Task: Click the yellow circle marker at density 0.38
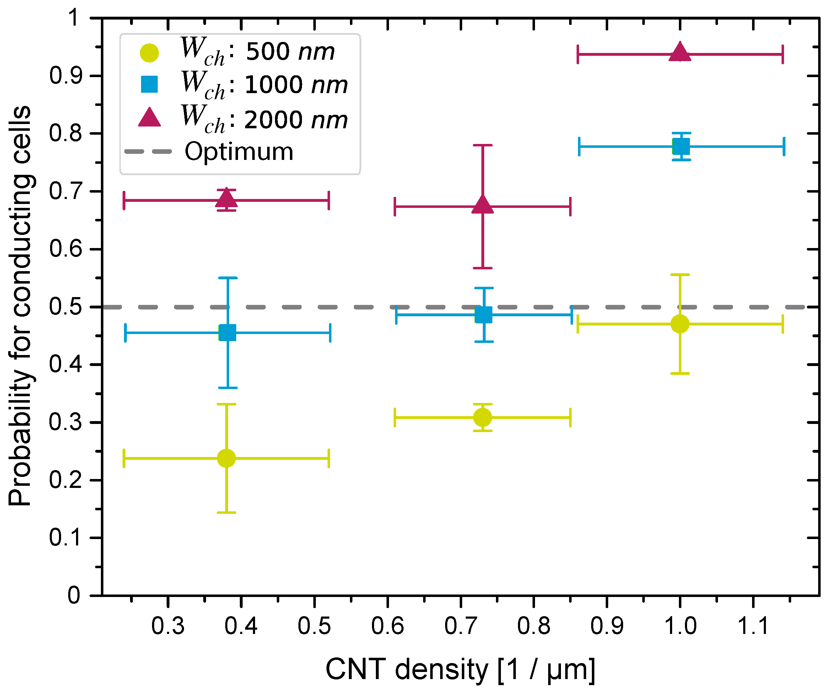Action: coord(227,458)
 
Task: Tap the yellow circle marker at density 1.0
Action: coord(680,324)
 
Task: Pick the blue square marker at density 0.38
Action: coord(227,333)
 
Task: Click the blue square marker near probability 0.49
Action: coord(483,315)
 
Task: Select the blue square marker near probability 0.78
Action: coord(681,147)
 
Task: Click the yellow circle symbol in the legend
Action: coord(149,53)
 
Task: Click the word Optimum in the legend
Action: coord(239,151)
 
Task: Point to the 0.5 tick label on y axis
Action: coord(65,307)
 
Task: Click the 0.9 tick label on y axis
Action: coord(65,76)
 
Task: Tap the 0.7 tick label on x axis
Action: coord(461,626)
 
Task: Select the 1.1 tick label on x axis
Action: coord(753,626)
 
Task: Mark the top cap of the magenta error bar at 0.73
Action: coord(482,145)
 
